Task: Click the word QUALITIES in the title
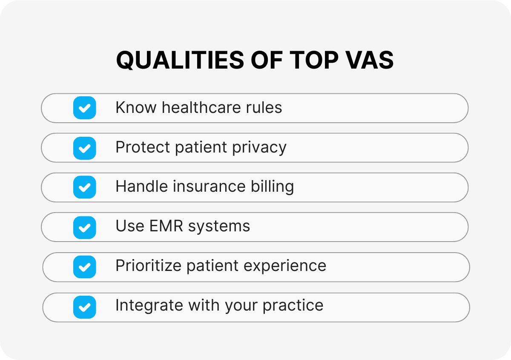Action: [180, 60]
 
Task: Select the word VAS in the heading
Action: [369, 60]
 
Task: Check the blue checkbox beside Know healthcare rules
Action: [84, 108]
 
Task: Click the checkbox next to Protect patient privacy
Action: [84, 148]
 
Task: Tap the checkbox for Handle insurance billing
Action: [84, 187]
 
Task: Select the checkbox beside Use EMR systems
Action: [84, 228]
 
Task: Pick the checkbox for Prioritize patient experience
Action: [84, 267]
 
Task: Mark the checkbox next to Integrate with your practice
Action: [84, 307]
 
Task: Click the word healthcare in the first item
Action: [201, 107]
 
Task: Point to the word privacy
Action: [259, 148]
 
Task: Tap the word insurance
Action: [209, 187]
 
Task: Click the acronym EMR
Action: [167, 226]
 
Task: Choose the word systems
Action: [219, 227]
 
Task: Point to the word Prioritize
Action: [149, 266]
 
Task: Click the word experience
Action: [285, 267]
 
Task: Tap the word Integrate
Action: [149, 305]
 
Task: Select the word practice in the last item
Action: [293, 306]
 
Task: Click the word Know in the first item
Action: [136, 107]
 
